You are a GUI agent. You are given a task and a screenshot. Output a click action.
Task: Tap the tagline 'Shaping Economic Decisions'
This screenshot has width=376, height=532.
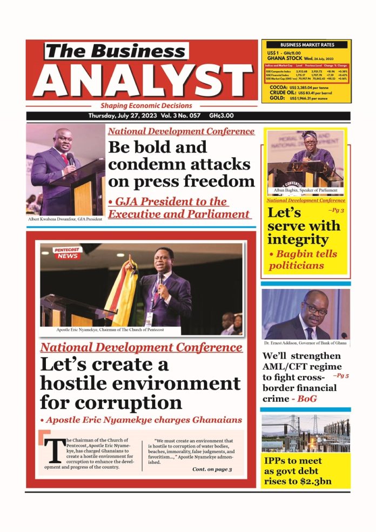click(146, 106)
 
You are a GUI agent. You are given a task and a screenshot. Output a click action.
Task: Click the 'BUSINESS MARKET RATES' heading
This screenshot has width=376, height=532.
click(307, 45)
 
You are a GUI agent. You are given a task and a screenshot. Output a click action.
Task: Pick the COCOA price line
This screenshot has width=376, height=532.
click(307, 87)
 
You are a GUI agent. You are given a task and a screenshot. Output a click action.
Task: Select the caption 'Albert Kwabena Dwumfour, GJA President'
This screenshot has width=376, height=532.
click(63, 219)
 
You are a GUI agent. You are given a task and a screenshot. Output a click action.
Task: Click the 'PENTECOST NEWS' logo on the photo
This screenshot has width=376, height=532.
click(66, 253)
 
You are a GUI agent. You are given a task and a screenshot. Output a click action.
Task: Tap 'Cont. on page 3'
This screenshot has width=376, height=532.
click(212, 469)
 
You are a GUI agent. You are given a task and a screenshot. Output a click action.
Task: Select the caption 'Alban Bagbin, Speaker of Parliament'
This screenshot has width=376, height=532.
click(306, 190)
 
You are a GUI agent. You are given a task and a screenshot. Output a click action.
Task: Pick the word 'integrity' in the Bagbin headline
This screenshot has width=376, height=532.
click(298, 239)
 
